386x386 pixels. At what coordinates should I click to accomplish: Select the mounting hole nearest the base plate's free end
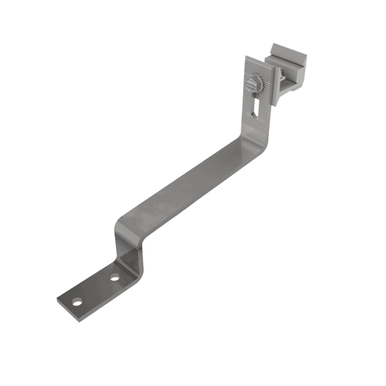(77, 303)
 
